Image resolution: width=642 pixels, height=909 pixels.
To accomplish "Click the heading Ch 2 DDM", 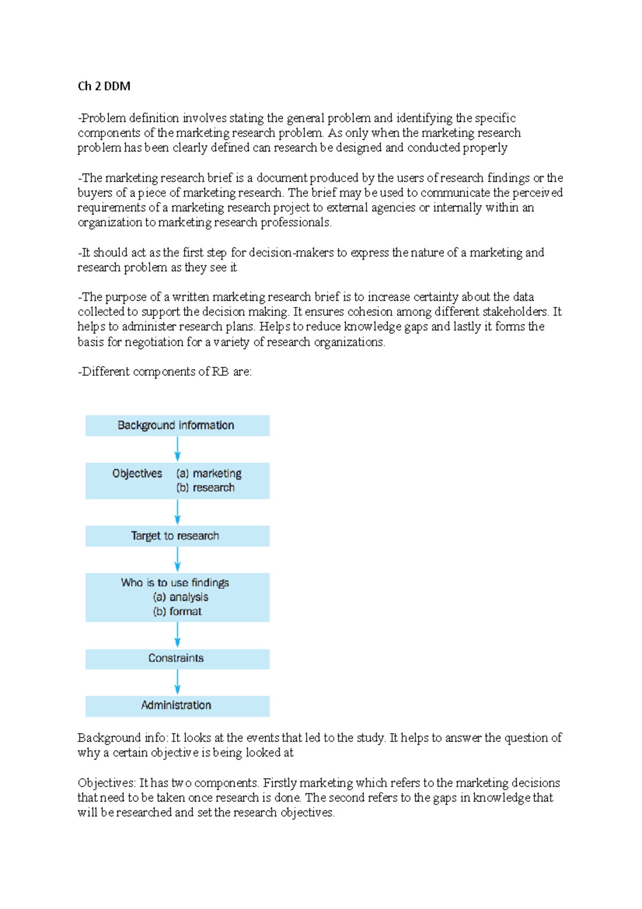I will pos(104,86).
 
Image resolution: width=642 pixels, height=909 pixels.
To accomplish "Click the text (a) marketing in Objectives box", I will pos(209,473).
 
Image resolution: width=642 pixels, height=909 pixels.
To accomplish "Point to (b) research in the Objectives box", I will pos(205,488).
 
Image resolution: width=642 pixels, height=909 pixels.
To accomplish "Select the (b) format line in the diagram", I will pos(177,611).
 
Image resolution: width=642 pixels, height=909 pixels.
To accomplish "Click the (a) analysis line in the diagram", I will pos(180,597).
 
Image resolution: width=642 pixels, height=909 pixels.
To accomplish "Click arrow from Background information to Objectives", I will pos(178,449).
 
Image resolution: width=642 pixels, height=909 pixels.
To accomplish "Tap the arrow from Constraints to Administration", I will pos(178,682).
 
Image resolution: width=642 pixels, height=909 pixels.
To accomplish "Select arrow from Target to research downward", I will pos(178,559).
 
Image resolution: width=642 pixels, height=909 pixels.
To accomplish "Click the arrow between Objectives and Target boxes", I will pos(178,512).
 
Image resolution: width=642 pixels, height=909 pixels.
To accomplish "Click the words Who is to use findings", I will pos(175,582).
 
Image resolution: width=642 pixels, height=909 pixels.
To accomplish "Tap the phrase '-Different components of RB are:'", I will pos(165,372).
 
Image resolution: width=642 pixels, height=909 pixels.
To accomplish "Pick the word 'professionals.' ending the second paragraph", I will pos(296,223).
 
